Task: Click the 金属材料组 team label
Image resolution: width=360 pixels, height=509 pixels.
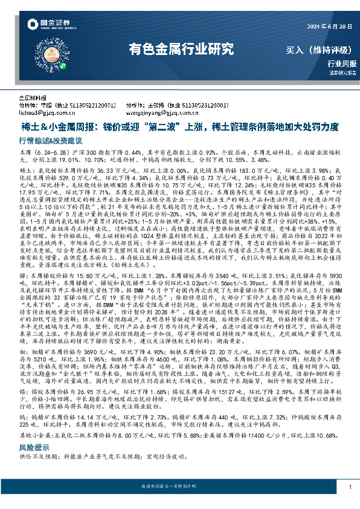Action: (33, 97)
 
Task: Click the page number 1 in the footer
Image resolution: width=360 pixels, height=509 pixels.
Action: (350, 487)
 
